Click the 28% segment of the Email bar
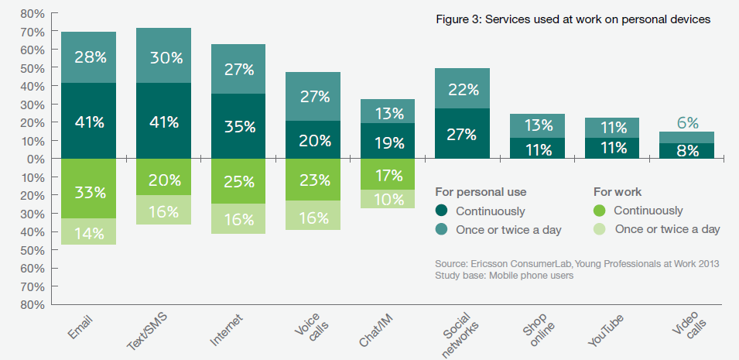coord(88,57)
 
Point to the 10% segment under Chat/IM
coord(388,199)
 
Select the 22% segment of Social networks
coord(463,89)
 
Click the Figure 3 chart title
coord(573,19)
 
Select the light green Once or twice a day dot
coord(600,228)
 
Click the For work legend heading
coord(616,191)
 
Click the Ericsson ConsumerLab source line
coord(577,264)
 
